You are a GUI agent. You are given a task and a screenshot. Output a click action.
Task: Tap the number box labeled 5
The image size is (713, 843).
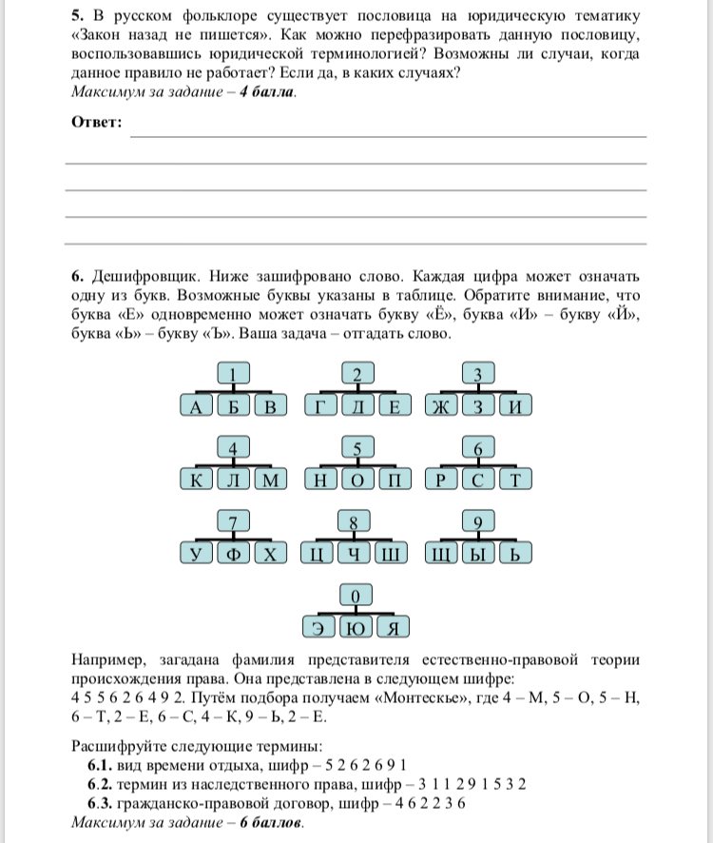pyautogui.click(x=356, y=448)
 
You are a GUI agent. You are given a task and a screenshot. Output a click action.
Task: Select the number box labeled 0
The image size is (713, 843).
pyautogui.click(x=356, y=597)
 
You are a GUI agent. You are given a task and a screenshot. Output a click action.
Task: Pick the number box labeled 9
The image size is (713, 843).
pyautogui.click(x=478, y=521)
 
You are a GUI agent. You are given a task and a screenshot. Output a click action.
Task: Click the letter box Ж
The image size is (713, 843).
pyautogui.click(x=440, y=406)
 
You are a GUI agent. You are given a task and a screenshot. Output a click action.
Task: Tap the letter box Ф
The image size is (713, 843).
pyautogui.click(x=234, y=554)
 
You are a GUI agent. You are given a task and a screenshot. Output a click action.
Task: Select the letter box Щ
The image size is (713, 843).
pyautogui.click(x=440, y=554)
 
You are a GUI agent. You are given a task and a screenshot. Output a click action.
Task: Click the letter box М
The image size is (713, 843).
pyautogui.click(x=270, y=480)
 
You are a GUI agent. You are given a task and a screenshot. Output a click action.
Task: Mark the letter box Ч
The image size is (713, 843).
pyautogui.click(x=356, y=554)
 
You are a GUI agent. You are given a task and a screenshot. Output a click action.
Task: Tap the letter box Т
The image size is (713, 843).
pyautogui.click(x=514, y=480)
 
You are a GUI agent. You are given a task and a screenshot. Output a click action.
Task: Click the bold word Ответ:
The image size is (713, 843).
pyautogui.click(x=97, y=123)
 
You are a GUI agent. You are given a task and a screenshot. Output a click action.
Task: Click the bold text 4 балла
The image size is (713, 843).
pyautogui.click(x=268, y=92)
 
